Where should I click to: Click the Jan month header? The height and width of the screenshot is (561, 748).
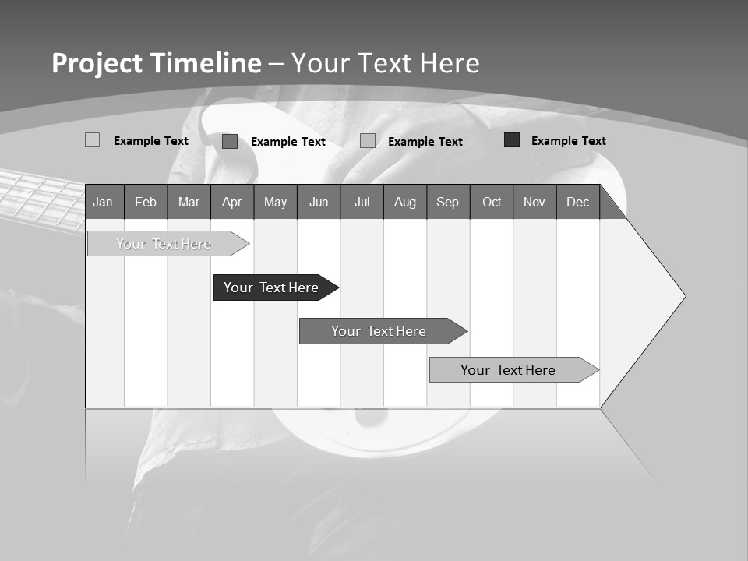coord(103,202)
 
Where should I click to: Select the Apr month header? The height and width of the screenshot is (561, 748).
coord(231,202)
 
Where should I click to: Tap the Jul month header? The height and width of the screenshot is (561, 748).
coord(362,202)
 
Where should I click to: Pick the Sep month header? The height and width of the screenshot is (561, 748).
coord(447,202)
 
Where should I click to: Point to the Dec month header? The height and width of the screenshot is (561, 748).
coord(577,202)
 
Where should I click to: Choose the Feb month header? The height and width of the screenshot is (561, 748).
coord(146,202)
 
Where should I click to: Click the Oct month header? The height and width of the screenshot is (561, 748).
coord(492,202)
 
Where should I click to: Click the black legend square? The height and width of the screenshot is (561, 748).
coord(512,140)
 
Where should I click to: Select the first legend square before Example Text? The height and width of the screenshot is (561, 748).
coord(93,140)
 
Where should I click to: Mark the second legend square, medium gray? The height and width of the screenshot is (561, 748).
coord(230,141)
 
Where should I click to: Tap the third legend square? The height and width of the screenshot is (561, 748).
coord(368,141)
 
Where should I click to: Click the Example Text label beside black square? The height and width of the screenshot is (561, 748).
coord(568,141)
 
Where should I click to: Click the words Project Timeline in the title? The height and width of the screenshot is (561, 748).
coord(157,63)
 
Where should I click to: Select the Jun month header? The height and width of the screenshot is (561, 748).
coord(319,202)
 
